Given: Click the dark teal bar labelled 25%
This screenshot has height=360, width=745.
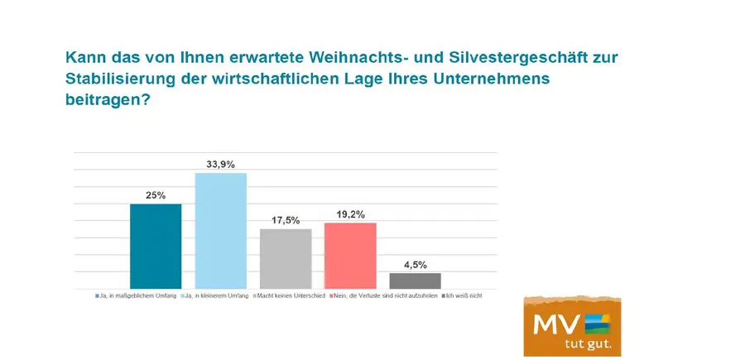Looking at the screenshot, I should point(156,246).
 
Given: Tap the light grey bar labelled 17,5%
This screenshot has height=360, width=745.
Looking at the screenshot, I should point(286,258).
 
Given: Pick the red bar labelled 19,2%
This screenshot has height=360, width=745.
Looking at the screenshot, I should point(350,255).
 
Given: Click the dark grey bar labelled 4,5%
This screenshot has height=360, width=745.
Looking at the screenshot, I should point(415,280).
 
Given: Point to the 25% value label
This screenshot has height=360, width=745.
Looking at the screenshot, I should point(156,195).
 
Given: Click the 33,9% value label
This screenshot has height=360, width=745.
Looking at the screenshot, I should point(220,165).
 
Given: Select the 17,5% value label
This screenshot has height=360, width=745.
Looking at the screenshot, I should point(286,221).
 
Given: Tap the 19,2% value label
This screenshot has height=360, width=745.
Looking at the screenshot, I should point(350,214).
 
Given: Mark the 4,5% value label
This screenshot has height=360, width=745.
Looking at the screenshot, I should point(415,265).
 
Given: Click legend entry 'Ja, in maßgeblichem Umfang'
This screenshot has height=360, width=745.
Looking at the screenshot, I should point(137,295).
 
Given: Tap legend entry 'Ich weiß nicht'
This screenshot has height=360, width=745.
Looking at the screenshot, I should point(463,295).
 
